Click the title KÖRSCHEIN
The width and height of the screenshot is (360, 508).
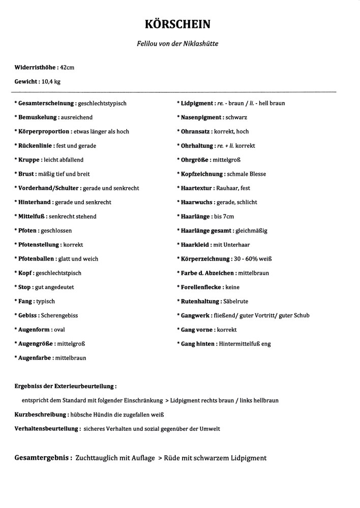(177, 24)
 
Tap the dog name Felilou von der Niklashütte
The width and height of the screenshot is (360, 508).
(177, 44)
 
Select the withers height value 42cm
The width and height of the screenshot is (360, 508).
(67, 67)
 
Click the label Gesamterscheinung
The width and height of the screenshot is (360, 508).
(46, 103)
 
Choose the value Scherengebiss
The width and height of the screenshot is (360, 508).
(59, 315)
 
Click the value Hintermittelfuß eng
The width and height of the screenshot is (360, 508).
(245, 344)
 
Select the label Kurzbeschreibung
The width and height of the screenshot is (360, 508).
(40, 415)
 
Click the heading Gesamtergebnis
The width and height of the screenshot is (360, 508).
(42, 458)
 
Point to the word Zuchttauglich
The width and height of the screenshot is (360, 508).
(96, 458)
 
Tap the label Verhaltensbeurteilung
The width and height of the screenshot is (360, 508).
(47, 429)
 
